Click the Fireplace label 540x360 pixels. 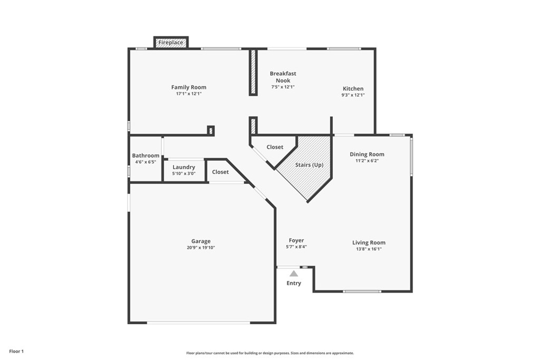pos(171,43)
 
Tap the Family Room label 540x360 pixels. pos(189,87)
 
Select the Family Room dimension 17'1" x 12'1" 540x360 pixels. pos(189,94)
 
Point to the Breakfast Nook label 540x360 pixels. pos(283,77)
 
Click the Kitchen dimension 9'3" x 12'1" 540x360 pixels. pos(353,95)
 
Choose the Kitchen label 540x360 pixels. pos(353,89)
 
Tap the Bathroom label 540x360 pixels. pos(146,155)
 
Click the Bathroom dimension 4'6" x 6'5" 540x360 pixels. pos(146,162)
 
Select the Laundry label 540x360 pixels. pos(184,167)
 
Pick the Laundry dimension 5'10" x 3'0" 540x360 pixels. pos(184,173)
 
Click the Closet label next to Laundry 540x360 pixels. pos(220,172)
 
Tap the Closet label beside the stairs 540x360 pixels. pos(275,147)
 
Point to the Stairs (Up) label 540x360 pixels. pos(309,165)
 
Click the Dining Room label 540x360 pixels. pos(367,154)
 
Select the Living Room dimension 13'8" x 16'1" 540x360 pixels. pos(369,249)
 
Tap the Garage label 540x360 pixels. pos(201,241)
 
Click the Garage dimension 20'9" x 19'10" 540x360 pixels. pos(201,247)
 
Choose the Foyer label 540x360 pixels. pos(296,240)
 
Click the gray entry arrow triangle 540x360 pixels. pos(294,274)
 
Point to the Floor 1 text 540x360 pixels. pos(16,352)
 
